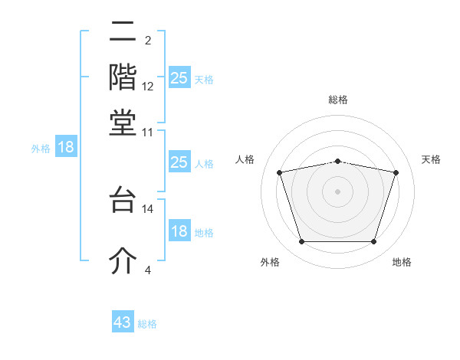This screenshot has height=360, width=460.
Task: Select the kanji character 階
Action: click(123, 77)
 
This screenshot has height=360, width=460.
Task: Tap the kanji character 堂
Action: click(123, 123)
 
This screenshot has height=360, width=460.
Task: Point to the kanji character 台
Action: click(123, 200)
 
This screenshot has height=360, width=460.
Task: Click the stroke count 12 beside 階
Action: click(148, 87)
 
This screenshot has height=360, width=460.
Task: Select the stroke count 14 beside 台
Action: click(148, 208)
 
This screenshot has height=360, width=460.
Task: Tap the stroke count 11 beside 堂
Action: click(148, 132)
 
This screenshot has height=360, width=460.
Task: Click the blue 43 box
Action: click(123, 322)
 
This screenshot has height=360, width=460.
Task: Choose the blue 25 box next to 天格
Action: click(179, 78)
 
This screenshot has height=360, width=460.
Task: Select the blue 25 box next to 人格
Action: click(179, 162)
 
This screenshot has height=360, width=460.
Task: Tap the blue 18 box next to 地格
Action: click(179, 231)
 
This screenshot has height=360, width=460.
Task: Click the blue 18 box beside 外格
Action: click(65, 147)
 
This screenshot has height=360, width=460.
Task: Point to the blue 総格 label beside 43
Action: click(147, 324)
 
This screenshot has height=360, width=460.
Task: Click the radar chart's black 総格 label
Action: click(338, 100)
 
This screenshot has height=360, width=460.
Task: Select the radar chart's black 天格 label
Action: click(431, 159)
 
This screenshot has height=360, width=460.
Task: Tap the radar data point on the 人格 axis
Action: click(280, 173)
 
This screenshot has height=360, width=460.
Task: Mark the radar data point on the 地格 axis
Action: click(373, 242)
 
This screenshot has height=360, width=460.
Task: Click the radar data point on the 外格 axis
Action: click(301, 242)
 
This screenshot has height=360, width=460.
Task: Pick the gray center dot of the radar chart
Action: click(338, 191)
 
